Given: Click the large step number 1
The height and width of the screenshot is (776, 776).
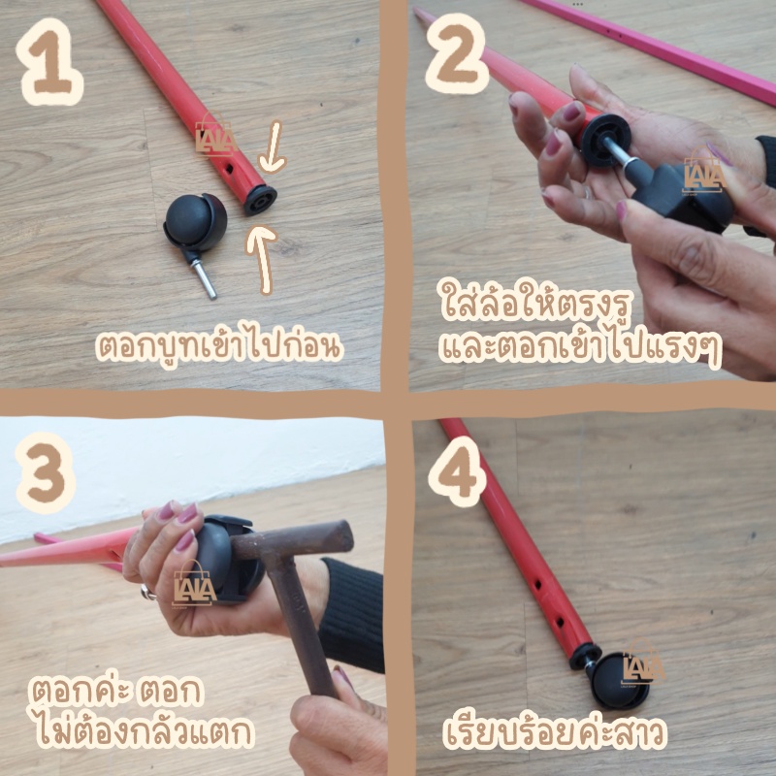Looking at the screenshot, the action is pos(49,61).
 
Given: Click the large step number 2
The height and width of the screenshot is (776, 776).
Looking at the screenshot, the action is pos(456,53).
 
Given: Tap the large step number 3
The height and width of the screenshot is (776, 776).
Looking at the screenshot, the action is pos(46,472).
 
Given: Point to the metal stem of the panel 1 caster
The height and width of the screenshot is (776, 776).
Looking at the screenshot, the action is pos(205,278).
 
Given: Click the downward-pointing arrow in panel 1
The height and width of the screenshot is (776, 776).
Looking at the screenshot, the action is pos(273,147).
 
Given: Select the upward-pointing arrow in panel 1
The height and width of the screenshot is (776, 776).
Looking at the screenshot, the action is pos(261,258).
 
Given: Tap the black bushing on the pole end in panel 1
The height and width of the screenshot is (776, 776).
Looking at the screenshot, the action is pos(259,200).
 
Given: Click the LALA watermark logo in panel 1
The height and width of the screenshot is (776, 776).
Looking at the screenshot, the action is pos(215,135).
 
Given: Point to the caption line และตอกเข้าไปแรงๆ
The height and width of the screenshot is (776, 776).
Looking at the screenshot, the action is pos(580,349).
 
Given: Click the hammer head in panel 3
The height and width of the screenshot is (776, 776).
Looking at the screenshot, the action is pos(293,537).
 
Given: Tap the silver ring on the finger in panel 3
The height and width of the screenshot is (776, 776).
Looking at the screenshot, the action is pos(147,592).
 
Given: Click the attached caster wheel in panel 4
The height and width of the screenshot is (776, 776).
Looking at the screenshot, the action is pos(620,681).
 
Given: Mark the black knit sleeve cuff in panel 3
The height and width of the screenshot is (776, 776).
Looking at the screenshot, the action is pos(352,614).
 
